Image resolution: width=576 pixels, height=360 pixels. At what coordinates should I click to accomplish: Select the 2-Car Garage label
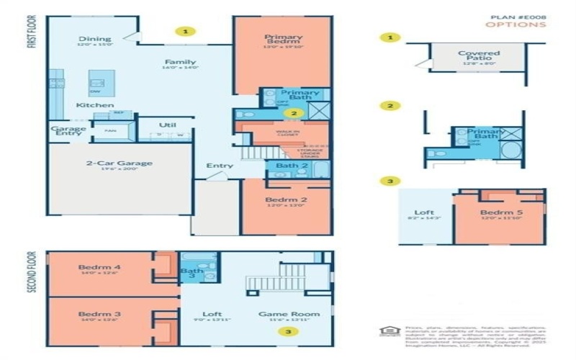coord(120,163)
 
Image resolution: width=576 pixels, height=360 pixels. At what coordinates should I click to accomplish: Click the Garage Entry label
coord(68,134)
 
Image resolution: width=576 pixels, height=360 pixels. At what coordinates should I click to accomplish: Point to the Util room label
coord(168,125)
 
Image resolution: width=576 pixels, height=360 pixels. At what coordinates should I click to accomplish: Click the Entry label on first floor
coord(220,166)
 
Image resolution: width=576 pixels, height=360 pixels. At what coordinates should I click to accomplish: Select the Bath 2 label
coord(291,166)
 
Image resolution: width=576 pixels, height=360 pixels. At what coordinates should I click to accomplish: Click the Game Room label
coord(289,314)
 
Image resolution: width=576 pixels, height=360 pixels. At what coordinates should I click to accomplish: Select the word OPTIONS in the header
coord(515,24)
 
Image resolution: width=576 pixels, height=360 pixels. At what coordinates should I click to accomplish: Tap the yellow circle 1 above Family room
coord(186,32)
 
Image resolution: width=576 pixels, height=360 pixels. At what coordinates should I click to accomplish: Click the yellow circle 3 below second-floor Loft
coord(289,332)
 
